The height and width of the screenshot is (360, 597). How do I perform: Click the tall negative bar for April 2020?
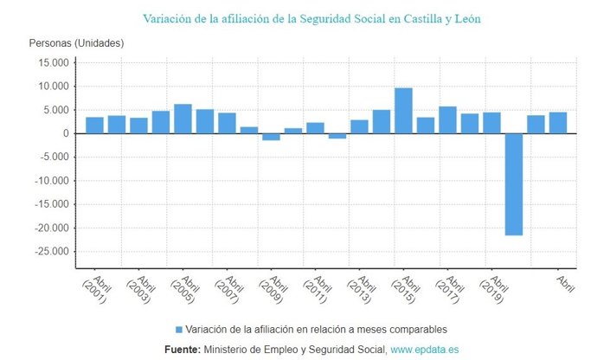[513, 183]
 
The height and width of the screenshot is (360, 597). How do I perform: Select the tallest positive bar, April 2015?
[403, 111]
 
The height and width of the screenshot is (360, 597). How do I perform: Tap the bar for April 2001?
[94, 125]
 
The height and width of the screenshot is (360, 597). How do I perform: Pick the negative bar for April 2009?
[271, 137]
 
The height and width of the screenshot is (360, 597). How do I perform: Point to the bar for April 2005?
[183, 119]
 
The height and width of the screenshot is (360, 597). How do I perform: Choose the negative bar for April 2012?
[337, 136]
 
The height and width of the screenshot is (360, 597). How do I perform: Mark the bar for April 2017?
[447, 119]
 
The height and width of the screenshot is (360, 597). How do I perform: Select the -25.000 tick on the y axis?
[48, 252]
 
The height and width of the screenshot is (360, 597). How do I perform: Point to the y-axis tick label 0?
[64, 134]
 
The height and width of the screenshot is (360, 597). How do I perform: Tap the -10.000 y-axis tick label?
[48, 181]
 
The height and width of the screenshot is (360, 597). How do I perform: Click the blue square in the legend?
[179, 330]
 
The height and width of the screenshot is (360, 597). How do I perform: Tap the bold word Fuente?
[182, 349]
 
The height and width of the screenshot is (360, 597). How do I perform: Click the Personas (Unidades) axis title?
[76, 42]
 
